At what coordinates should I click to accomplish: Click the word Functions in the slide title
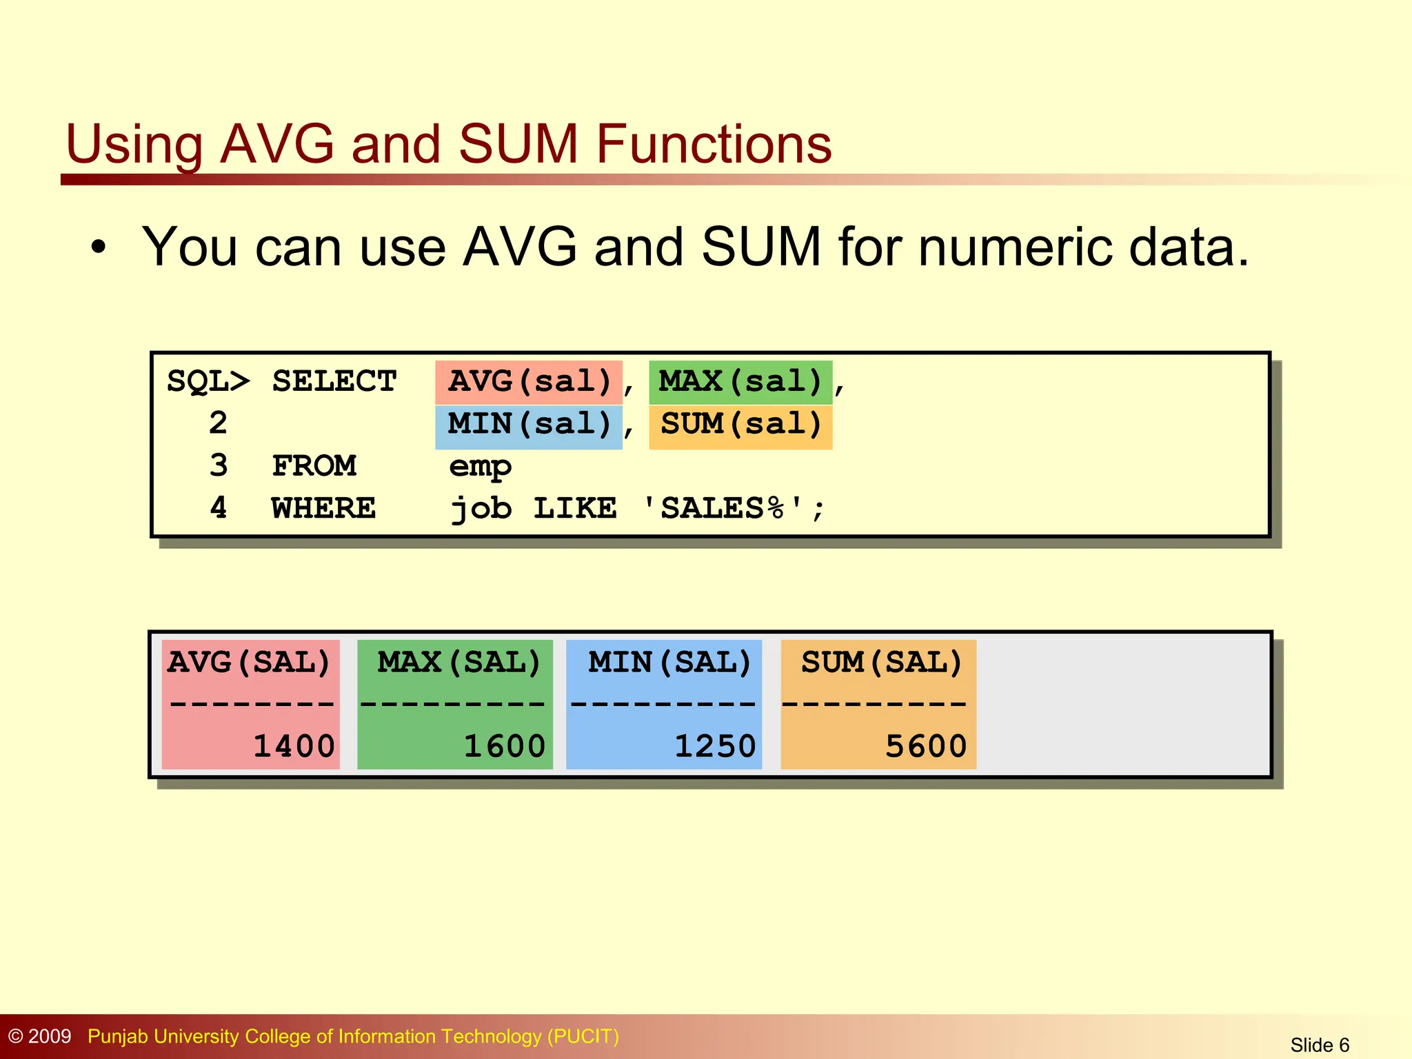714,144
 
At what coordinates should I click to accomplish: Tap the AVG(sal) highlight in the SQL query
529,382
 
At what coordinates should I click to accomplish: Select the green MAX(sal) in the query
740,382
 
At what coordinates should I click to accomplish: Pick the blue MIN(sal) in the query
529,425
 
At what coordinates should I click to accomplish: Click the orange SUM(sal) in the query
740,425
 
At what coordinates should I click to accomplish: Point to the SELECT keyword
334,382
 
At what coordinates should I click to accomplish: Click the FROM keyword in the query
314,467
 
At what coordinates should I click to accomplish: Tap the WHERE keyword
323,509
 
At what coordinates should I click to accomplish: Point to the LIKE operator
575,509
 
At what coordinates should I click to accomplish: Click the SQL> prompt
208,382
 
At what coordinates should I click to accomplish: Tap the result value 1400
294,747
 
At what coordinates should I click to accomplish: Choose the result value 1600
504,747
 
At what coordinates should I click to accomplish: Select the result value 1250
715,747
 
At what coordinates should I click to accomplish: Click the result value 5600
926,747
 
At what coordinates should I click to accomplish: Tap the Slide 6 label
1320,1045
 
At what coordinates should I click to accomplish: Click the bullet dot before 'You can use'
99,248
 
